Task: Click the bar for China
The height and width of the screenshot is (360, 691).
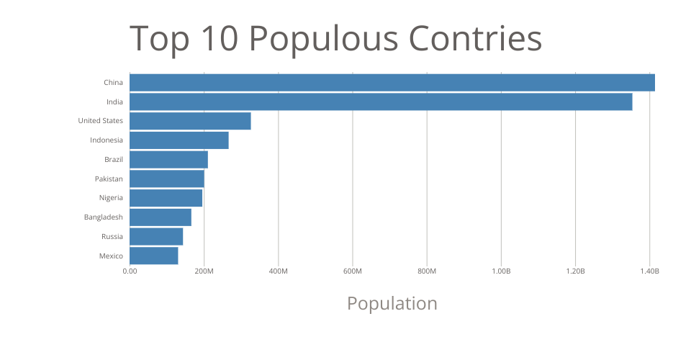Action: pyautogui.click(x=392, y=82)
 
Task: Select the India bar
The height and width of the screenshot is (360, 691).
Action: pyautogui.click(x=381, y=102)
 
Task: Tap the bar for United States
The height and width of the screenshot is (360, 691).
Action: pyautogui.click(x=190, y=121)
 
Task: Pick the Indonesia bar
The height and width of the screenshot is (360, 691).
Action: pyautogui.click(x=179, y=140)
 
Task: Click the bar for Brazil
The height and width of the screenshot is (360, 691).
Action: pyautogui.click(x=168, y=160)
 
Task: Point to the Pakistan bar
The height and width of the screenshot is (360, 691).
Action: pyautogui.click(x=167, y=179)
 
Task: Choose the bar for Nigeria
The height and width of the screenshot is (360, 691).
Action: pyautogui.click(x=166, y=198)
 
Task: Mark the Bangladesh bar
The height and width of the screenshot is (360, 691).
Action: pyautogui.click(x=161, y=217)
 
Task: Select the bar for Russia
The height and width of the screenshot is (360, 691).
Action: pyautogui.click(x=156, y=237)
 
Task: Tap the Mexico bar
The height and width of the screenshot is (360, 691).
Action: pyautogui.click(x=154, y=256)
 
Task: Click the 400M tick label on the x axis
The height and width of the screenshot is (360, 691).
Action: pyautogui.click(x=278, y=271)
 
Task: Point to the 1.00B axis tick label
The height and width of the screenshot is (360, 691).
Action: pyautogui.click(x=500, y=271)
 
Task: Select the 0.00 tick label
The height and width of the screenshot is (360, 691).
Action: pyautogui.click(x=130, y=271)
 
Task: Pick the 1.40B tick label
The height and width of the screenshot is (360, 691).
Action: pyautogui.click(x=649, y=271)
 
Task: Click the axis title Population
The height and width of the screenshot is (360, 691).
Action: pyautogui.click(x=392, y=303)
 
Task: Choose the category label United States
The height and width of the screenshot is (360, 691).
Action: pyautogui.click(x=100, y=121)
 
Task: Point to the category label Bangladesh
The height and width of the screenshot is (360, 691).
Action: pyautogui.click(x=103, y=217)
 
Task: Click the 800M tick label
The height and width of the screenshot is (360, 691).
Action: pyautogui.click(x=426, y=271)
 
